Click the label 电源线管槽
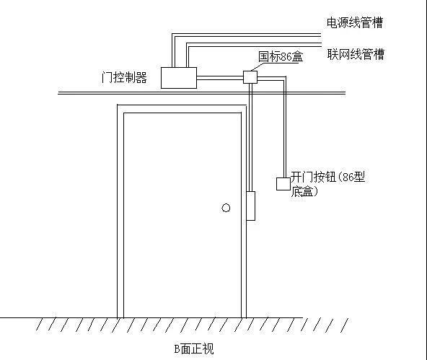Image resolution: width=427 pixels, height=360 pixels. click(x=355, y=22)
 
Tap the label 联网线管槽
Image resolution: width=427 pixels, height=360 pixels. click(x=356, y=54)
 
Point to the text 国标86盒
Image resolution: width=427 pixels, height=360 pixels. click(x=281, y=57)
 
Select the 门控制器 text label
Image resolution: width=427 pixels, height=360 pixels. click(x=124, y=78)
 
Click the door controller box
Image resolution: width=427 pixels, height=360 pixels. click(x=179, y=78)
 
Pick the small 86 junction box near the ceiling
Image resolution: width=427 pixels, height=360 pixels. click(x=250, y=77)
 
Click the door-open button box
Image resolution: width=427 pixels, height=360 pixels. click(x=283, y=184)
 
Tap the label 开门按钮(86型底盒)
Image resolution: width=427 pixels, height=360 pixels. click(x=327, y=184)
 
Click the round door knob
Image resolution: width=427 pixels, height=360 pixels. click(x=226, y=208)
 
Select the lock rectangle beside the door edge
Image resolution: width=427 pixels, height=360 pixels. click(x=250, y=206)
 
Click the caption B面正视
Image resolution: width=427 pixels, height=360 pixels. click(x=194, y=349)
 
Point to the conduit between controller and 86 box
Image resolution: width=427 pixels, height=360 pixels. click(x=220, y=78)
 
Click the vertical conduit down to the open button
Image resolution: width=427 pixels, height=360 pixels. click(x=285, y=127)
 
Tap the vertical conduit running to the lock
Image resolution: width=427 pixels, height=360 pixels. click(x=250, y=137)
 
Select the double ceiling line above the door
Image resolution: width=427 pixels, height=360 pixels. click(x=201, y=93)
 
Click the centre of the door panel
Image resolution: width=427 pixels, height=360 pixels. click(x=182, y=215)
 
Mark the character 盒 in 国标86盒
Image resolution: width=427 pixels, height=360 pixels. click(x=297, y=57)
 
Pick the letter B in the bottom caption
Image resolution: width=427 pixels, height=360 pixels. click(x=177, y=349)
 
